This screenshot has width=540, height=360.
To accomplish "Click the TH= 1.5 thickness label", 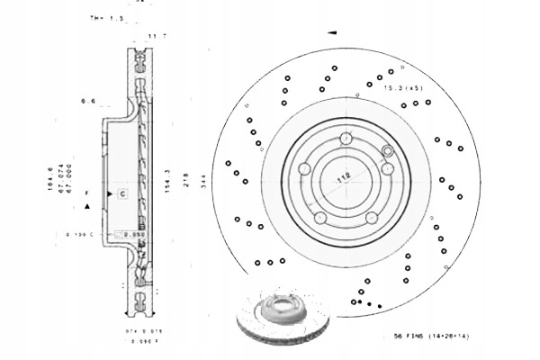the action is (x=106, y=18).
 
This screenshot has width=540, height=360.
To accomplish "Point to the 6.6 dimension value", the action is (x=88, y=102).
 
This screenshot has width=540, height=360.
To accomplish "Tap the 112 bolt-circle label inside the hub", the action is (x=342, y=179).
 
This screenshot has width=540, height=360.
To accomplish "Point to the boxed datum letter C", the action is (x=121, y=193).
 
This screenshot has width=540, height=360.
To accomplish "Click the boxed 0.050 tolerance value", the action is (x=135, y=233).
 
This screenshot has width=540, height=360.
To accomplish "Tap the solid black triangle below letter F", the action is (x=86, y=206).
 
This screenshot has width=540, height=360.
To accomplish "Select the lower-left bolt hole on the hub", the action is (x=319, y=217).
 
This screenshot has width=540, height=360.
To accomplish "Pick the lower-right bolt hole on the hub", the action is (x=371, y=217).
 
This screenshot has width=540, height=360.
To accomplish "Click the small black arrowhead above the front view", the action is (x=332, y=33).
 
